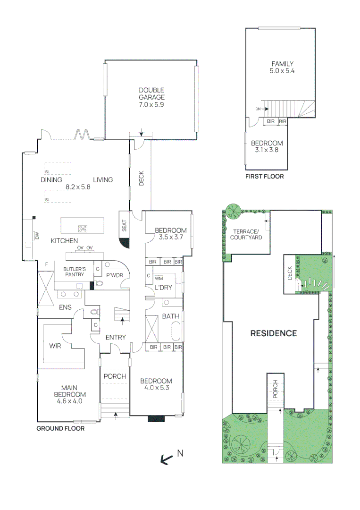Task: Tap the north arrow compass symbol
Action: click(167, 459)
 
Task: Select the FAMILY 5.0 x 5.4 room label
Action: click(282, 68)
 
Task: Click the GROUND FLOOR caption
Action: click(60, 429)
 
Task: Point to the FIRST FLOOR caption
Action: click(264, 177)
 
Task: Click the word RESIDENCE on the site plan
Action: click(273, 333)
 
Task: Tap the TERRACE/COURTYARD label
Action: click(246, 235)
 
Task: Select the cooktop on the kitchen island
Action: click(83, 229)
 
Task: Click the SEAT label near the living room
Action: click(125, 226)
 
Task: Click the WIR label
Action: click(55, 345)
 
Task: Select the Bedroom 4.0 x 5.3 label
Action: click(156, 384)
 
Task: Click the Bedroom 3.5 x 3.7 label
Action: click(168, 234)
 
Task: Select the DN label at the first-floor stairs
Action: click(258, 109)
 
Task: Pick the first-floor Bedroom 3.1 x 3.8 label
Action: click(267, 147)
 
